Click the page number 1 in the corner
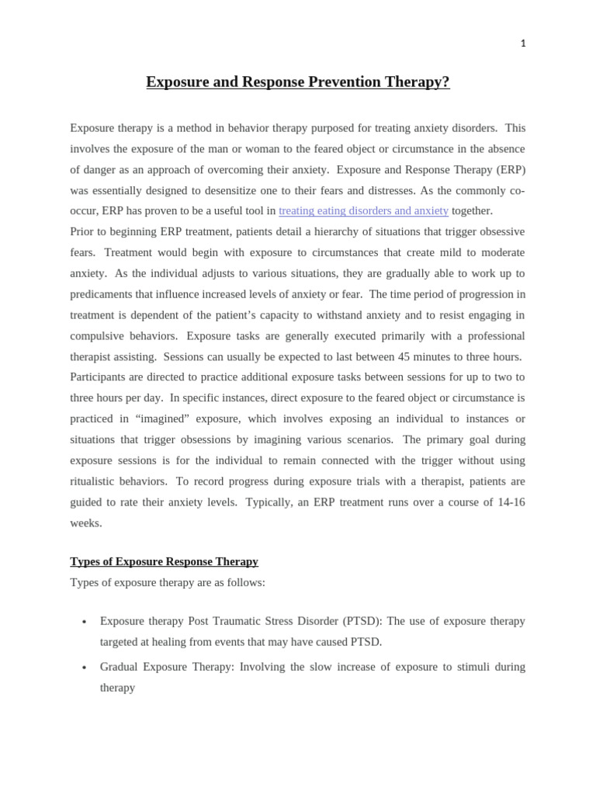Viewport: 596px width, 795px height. pyautogui.click(x=523, y=43)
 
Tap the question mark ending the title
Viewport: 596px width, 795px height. pyautogui.click(x=445, y=82)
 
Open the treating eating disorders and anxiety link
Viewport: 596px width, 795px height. pyautogui.click(x=363, y=210)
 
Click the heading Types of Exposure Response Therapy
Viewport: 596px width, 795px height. pyautogui.click(x=164, y=561)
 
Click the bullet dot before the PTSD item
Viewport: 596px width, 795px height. pyautogui.click(x=84, y=622)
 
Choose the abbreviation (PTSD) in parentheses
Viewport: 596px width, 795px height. pyautogui.click(x=361, y=621)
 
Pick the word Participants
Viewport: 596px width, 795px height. pyautogui.click(x=103, y=377)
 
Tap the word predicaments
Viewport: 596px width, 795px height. pyautogui.click(x=109, y=294)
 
